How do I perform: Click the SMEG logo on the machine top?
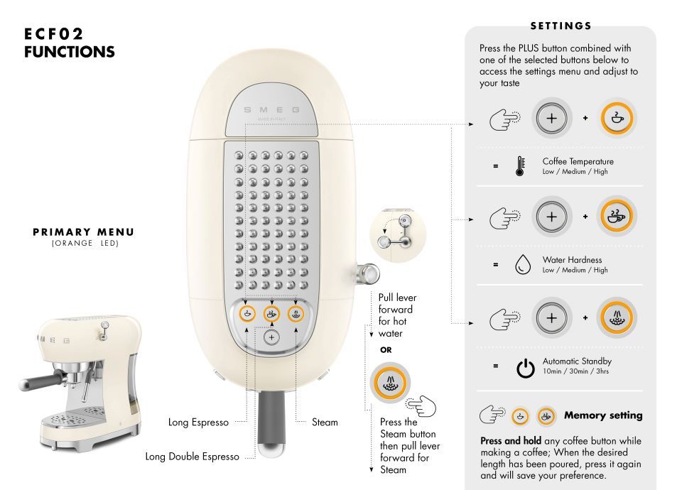(271, 111)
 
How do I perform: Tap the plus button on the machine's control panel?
(271, 337)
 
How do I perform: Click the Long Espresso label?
(198, 423)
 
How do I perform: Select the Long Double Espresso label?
(192, 457)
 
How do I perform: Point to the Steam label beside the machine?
(325, 423)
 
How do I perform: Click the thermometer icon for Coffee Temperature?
(519, 166)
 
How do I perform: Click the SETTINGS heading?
(561, 26)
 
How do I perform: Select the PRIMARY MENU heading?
(83, 232)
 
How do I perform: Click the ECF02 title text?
(53, 34)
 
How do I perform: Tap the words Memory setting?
(602, 415)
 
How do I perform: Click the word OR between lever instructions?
(386, 350)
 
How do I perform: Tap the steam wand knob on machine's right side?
(369, 273)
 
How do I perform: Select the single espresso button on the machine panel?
(247, 314)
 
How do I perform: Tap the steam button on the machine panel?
(296, 314)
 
